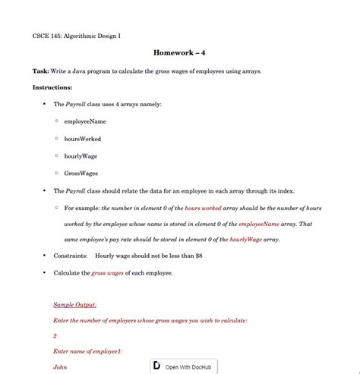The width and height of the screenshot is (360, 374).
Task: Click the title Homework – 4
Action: [x=179, y=54]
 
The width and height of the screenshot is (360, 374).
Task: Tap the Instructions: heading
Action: [x=52, y=88]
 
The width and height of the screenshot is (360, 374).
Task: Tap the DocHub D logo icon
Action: [x=156, y=366]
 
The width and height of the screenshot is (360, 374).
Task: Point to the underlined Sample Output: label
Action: [x=75, y=305]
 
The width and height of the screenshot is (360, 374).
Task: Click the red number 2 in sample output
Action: [x=55, y=335]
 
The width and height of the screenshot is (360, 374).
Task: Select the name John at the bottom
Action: [x=60, y=367]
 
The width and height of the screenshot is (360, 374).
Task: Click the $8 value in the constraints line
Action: [x=198, y=256]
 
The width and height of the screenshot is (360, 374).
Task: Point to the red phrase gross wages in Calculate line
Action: [x=109, y=272]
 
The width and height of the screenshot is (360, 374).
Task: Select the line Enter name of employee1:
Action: [x=87, y=351]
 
